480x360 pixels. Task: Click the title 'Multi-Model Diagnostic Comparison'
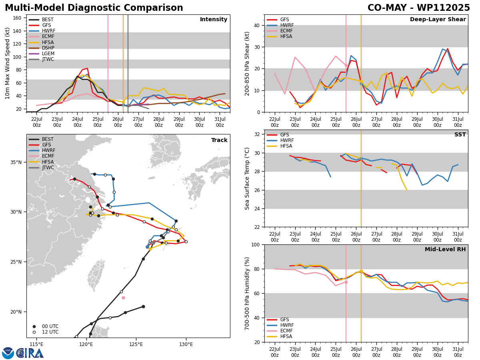[x=94, y=8]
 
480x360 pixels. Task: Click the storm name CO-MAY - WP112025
[x=418, y=8]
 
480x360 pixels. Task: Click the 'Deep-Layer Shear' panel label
[x=438, y=20]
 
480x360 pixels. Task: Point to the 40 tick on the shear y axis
[x=256, y=25]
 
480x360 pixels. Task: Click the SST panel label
[x=460, y=135]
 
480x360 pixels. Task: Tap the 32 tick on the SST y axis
[x=256, y=134]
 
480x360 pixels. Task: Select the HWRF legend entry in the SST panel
[x=287, y=140]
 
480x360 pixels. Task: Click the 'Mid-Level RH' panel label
[x=445, y=250]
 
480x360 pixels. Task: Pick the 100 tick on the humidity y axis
[x=255, y=244]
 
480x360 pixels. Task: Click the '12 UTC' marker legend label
[x=50, y=332]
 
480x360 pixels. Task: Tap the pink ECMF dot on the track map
[x=123, y=298]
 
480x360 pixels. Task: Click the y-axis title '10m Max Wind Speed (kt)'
[x=7, y=63]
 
